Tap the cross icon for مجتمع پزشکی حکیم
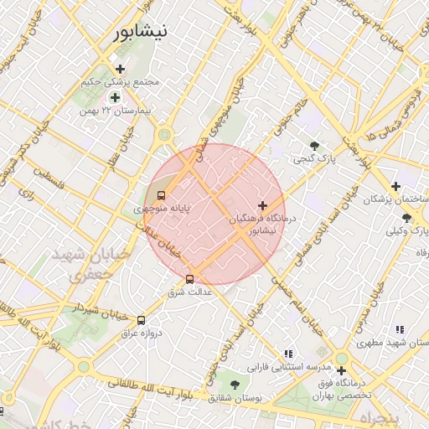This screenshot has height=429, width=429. (121, 69)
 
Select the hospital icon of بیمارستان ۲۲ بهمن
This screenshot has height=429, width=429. (116, 98)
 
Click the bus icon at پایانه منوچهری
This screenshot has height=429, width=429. (162, 195)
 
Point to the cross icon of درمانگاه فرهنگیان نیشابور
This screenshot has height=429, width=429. (263, 205)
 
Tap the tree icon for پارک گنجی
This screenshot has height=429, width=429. (314, 145)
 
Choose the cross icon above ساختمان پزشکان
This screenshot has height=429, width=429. (395, 186)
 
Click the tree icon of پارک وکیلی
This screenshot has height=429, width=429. (406, 218)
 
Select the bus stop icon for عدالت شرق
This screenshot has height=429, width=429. (189, 279)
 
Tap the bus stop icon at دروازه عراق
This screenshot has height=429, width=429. (141, 320)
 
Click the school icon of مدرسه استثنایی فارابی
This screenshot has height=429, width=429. (289, 354)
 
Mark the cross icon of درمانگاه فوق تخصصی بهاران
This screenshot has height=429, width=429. (341, 370)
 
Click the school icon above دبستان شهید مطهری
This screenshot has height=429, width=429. (400, 329)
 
